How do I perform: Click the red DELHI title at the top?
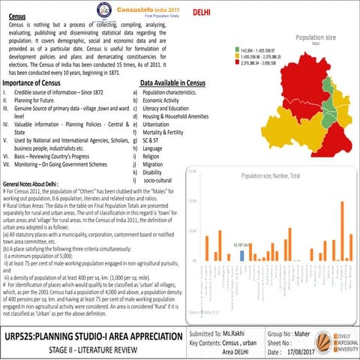click(201, 13)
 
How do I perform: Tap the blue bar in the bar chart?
click(242, 255)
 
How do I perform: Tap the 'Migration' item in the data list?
click(155, 163)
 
